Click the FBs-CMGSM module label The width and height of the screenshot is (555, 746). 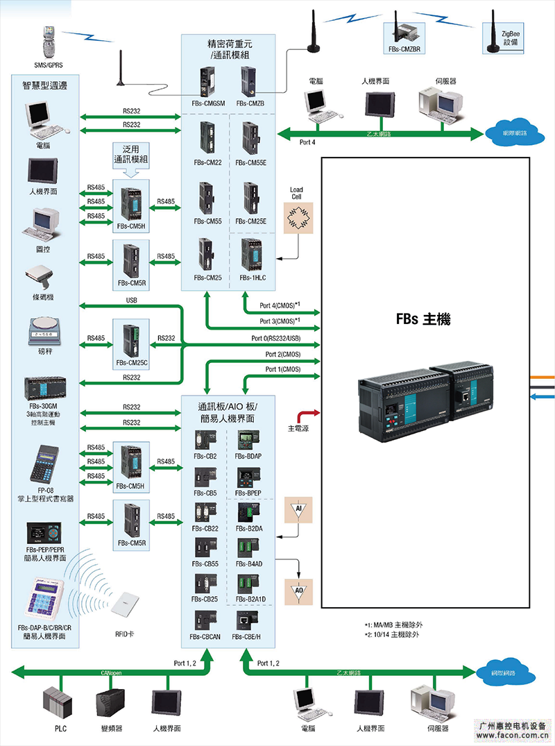tap(209, 103)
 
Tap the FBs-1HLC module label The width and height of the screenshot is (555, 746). tap(252, 278)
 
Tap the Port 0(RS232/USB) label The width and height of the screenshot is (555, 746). tap(276, 338)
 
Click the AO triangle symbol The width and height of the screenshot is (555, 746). tap(298, 591)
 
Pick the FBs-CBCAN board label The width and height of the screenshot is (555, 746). tap(205, 636)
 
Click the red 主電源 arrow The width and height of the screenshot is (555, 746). tap(305, 414)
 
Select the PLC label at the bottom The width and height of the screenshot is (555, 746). tap(61, 728)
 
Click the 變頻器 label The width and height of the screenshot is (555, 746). tap(112, 728)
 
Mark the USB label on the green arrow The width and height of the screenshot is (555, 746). tap(131, 300)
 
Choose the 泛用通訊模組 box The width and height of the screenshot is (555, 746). tap(131, 155)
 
